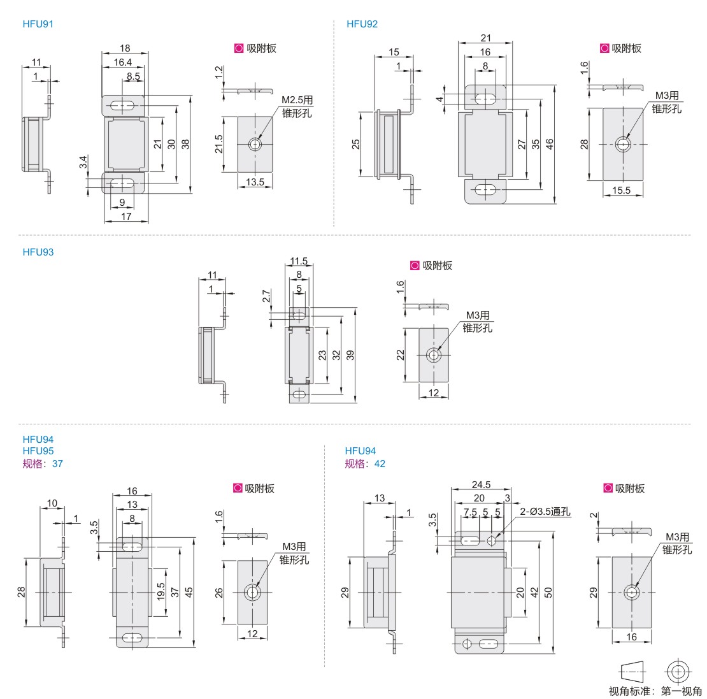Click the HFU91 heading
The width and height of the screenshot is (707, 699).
(38, 24)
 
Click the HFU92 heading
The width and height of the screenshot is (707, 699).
(362, 24)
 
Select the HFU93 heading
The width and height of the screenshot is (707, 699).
(38, 252)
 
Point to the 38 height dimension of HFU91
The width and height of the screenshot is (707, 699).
(185, 144)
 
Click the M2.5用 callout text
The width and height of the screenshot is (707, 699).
(297, 100)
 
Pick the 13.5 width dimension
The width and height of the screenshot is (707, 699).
(255, 182)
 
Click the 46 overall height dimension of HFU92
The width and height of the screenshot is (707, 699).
(550, 144)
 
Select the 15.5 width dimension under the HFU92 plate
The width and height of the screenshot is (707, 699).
(621, 190)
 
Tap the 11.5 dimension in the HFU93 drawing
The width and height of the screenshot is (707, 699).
(299, 261)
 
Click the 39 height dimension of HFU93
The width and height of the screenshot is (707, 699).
(350, 356)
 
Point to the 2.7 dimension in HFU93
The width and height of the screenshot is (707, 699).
(266, 296)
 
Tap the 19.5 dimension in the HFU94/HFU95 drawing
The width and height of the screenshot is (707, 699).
(161, 591)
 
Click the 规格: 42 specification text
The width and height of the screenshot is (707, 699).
(365, 463)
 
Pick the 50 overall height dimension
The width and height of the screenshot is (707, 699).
(548, 591)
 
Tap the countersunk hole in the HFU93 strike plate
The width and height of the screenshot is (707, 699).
(434, 356)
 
